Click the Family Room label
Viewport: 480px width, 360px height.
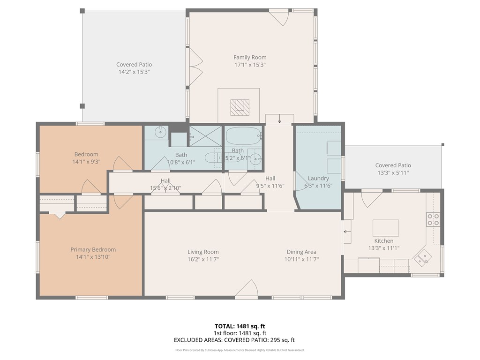(250, 57)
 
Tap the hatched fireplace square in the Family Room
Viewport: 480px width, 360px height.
(240, 107)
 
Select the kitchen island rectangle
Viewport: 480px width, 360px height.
(386, 228)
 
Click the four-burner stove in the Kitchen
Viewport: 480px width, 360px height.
(433, 219)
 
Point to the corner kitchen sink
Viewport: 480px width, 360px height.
(423, 258)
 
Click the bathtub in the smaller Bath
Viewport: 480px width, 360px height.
(244, 135)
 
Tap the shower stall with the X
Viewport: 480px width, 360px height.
(205, 136)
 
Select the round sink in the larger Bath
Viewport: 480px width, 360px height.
(160, 132)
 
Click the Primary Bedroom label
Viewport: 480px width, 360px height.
(93, 249)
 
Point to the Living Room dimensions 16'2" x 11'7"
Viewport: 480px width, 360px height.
(203, 259)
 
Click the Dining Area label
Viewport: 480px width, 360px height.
(301, 252)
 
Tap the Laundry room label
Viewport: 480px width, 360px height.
(318, 178)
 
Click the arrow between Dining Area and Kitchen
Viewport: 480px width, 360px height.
(347, 232)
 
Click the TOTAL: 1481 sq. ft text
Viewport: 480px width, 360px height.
(240, 326)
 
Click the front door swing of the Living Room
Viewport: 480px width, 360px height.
(247, 288)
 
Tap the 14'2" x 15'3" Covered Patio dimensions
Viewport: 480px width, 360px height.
(134, 72)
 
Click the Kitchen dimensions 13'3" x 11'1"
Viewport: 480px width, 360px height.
(384, 248)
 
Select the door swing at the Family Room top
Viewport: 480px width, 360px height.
(279, 17)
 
